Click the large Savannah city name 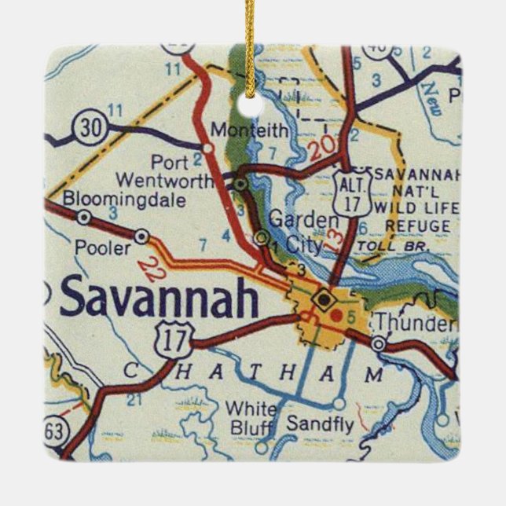(158, 298)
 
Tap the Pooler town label (102, 247)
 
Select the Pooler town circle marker (141, 235)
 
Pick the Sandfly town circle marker (338, 403)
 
